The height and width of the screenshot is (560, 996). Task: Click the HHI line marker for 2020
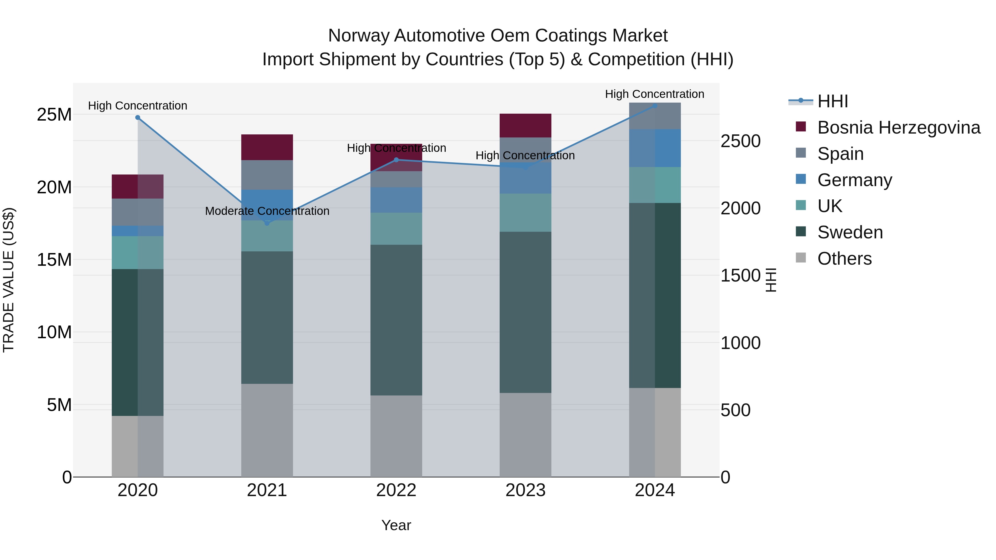[138, 118]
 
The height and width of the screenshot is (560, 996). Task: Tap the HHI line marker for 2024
[655, 106]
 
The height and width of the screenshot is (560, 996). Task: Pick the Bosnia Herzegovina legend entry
[899, 127]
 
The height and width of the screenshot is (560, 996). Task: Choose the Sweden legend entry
[850, 232]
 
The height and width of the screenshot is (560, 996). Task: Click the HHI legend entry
[832, 101]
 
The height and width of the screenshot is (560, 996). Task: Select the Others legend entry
[844, 259]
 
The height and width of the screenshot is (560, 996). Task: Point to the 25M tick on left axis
[54, 115]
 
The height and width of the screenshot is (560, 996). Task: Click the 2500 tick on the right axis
[740, 141]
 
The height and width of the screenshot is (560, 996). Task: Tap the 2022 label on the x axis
[396, 490]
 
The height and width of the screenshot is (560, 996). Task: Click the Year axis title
[396, 525]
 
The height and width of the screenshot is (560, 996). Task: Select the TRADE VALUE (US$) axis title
[9, 280]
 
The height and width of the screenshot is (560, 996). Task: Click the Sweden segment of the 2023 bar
[525, 312]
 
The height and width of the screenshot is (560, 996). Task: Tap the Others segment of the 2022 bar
[396, 436]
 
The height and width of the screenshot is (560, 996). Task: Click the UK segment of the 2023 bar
[525, 213]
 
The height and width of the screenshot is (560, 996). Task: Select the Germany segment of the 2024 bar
[655, 148]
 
